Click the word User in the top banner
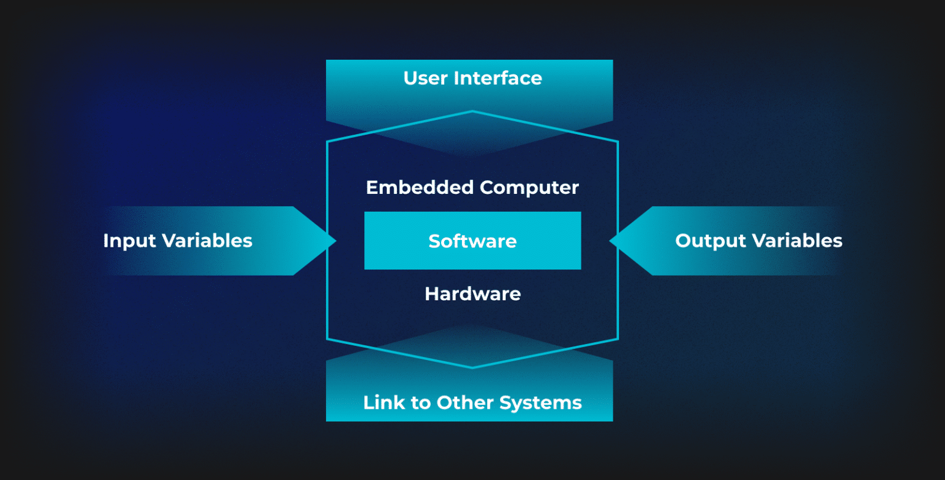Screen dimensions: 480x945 coord(426,78)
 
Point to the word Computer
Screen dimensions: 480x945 coord(530,187)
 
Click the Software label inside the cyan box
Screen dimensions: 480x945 coord(472,241)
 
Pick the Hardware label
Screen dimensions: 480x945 coord(472,294)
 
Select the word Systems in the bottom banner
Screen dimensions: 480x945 coord(541,403)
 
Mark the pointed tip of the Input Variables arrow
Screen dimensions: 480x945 coord(335,241)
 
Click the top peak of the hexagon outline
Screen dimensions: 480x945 coord(472,111)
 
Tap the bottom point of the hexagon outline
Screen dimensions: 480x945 coord(472,367)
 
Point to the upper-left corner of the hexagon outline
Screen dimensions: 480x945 coord(327,142)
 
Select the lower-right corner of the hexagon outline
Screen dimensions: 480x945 coord(617,338)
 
